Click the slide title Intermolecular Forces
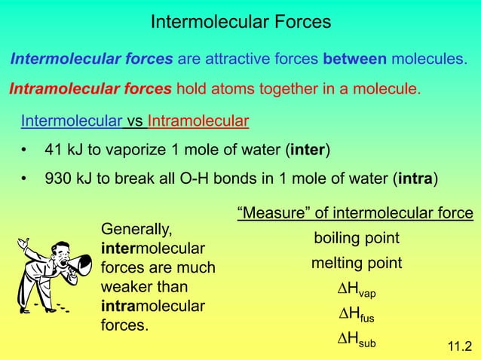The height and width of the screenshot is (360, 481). coord(240,22)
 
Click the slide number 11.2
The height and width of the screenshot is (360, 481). coord(459,346)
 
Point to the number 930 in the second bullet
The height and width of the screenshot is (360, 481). coord(58,179)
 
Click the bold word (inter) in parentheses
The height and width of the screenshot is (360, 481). coord(308,150)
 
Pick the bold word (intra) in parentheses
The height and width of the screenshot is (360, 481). coord(415,179)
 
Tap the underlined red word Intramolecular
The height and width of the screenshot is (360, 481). coord(198,121)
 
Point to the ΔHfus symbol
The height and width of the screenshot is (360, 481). coord(356,315)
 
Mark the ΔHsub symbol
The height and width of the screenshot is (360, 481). coord(356,340)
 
